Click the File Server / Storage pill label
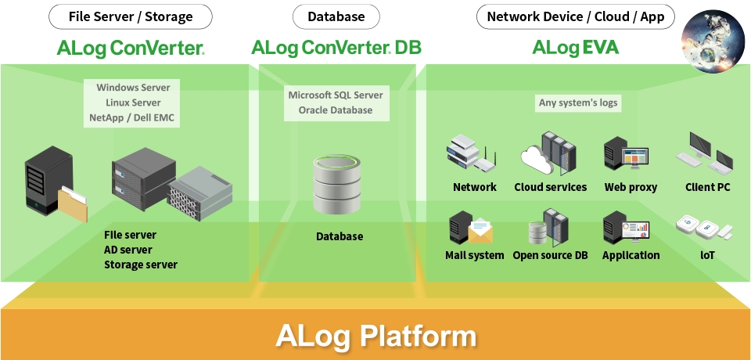coord(131,16)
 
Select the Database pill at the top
coord(336,16)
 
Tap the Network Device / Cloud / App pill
coord(575,16)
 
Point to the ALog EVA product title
coord(575,48)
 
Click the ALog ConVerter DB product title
coord(336,48)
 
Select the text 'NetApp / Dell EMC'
coord(132,118)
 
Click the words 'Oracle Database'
coord(336,110)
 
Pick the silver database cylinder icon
coord(338,185)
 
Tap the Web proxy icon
coord(627,154)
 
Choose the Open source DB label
coord(550,255)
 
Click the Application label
coord(631,255)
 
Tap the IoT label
coord(707,255)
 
